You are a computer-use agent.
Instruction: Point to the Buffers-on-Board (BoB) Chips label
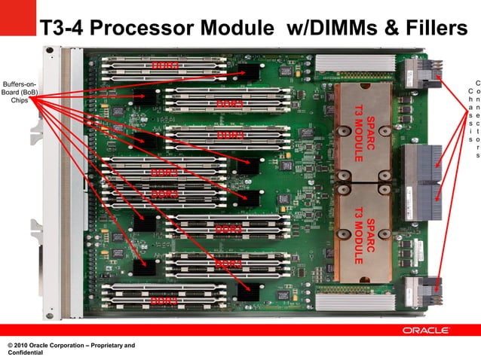[x=20, y=92]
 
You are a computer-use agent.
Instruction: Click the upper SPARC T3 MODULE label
[x=364, y=135]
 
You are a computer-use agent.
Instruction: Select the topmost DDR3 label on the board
[x=165, y=66]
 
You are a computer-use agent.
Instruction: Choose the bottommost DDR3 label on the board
[x=164, y=301]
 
